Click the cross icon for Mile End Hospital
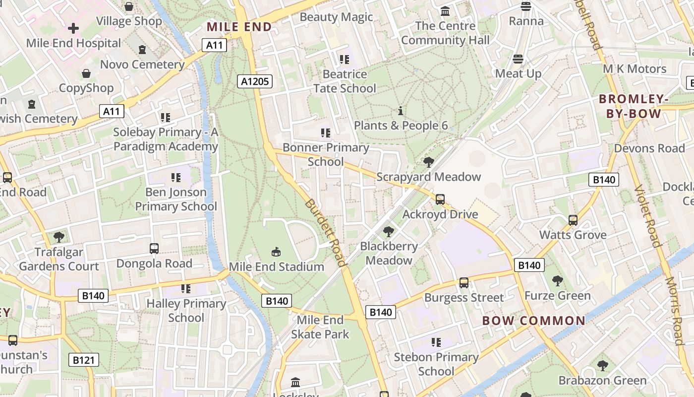[x=73, y=28]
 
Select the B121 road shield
[x=83, y=360]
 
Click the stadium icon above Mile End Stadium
[x=277, y=252]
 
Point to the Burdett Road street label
[x=325, y=233]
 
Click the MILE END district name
[x=239, y=27]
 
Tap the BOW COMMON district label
[x=533, y=321]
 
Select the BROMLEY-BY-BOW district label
[x=634, y=106]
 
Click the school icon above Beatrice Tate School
[x=345, y=60]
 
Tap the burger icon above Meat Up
[x=519, y=59]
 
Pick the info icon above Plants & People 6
[x=401, y=111]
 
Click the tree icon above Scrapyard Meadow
[x=428, y=162]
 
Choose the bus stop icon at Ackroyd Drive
[x=440, y=199]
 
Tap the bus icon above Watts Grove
[x=573, y=220]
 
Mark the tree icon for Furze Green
[x=558, y=281]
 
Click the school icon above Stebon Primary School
[x=436, y=342]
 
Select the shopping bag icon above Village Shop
[x=129, y=6]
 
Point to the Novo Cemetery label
[x=142, y=65]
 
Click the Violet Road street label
[x=648, y=215]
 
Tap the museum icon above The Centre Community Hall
[x=445, y=11]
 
